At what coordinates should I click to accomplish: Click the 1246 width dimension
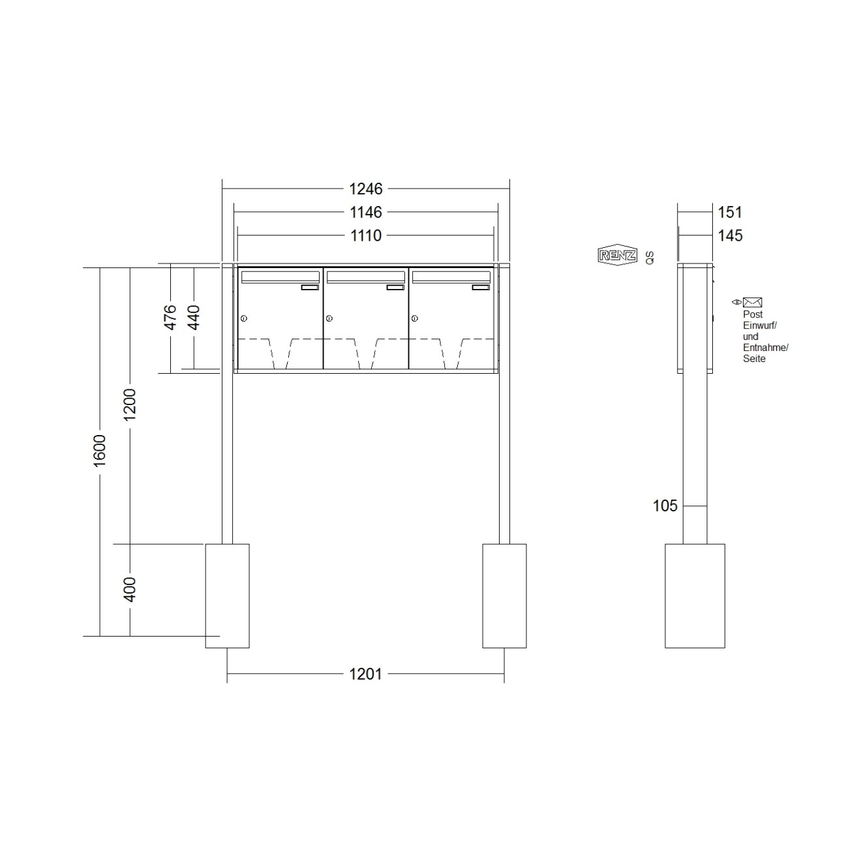(x=366, y=189)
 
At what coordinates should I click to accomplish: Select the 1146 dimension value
(x=366, y=212)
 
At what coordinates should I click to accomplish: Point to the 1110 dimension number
(x=366, y=235)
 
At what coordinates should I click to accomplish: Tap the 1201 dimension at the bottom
(x=365, y=674)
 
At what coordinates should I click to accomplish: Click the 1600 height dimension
(x=100, y=450)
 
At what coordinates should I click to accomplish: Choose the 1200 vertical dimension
(x=130, y=404)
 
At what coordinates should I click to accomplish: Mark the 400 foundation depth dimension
(x=130, y=589)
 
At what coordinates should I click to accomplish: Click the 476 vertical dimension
(x=170, y=317)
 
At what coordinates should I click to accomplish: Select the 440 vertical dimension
(x=194, y=317)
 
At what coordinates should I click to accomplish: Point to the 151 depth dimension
(x=730, y=212)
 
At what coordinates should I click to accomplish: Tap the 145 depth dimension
(x=730, y=235)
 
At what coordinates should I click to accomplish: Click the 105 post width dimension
(x=665, y=506)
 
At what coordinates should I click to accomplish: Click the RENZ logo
(x=616, y=255)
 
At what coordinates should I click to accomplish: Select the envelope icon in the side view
(x=753, y=302)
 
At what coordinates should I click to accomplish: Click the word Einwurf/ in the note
(x=760, y=325)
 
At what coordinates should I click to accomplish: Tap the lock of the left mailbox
(x=243, y=318)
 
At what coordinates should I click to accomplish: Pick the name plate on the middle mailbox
(x=395, y=287)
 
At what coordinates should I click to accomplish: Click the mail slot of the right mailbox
(x=451, y=277)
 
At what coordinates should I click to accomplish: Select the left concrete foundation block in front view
(x=227, y=596)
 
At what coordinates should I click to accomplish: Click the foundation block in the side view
(x=695, y=596)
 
